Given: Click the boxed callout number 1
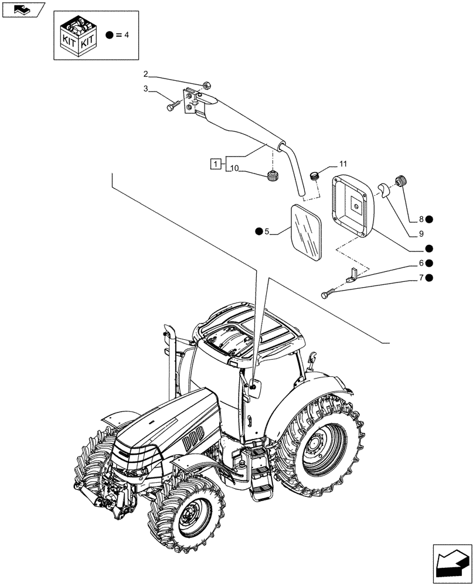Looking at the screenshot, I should tap(217, 163).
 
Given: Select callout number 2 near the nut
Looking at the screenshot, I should tap(146, 74).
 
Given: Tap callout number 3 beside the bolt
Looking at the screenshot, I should tap(146, 90).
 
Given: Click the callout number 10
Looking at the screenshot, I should tap(234, 169).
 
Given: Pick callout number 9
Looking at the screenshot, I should tap(421, 234).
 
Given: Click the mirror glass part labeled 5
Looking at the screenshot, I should tap(307, 233).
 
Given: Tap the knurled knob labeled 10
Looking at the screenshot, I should tap(272, 175).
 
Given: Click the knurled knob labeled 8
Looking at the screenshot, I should tap(400, 182).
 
